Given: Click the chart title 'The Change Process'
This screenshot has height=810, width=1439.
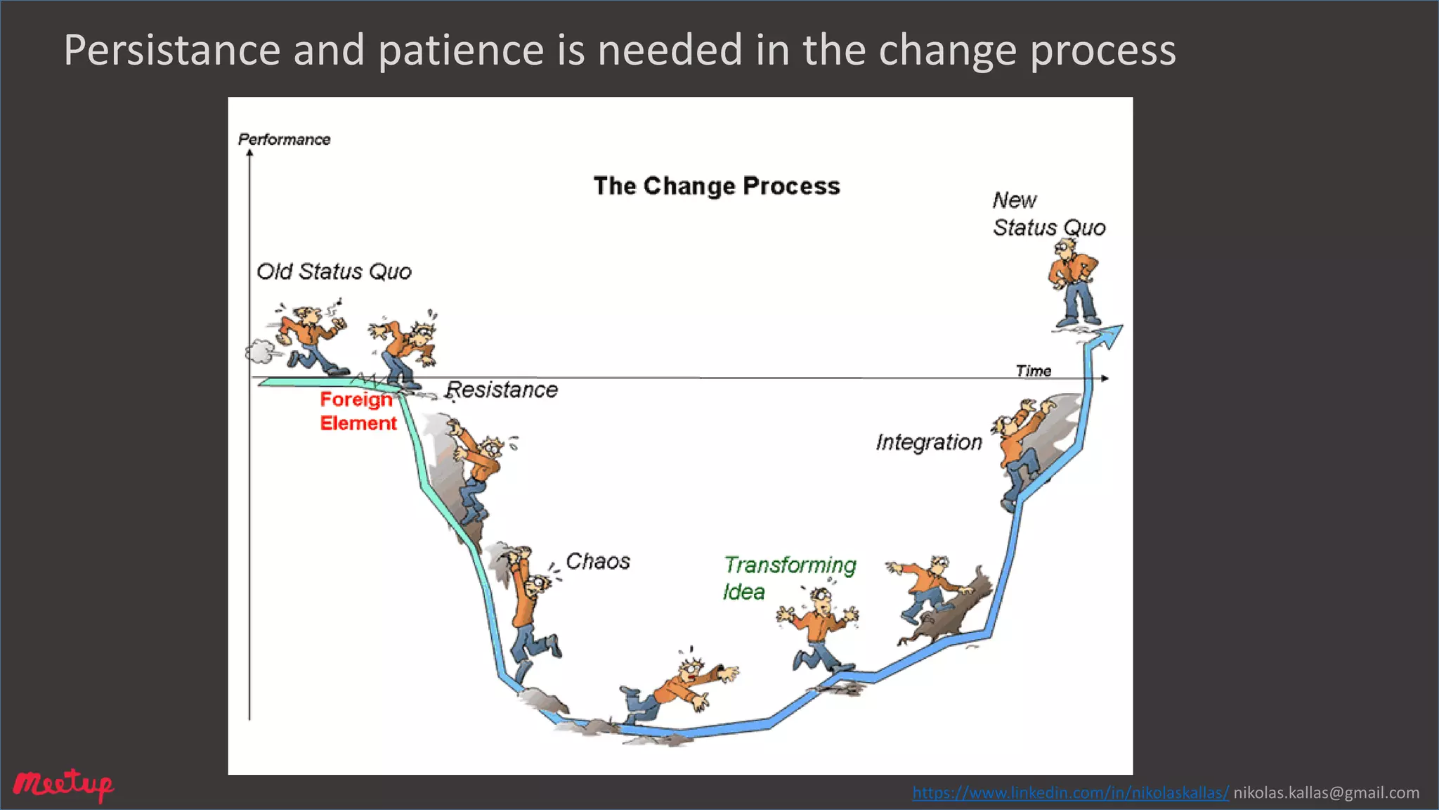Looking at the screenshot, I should [x=716, y=186].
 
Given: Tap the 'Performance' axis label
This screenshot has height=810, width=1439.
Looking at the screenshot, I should [x=284, y=139].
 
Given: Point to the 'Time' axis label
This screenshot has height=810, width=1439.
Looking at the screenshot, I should [x=1033, y=371].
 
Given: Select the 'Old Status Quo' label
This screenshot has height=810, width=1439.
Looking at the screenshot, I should [x=334, y=271].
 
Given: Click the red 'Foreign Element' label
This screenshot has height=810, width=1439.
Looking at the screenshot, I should [x=358, y=411].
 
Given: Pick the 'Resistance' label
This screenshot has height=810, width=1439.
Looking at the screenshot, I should [x=502, y=390].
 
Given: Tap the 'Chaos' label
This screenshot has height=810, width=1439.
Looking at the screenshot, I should [x=598, y=561].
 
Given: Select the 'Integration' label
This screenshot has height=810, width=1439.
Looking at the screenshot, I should [x=928, y=442].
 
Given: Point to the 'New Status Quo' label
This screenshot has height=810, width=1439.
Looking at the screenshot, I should [x=1048, y=214].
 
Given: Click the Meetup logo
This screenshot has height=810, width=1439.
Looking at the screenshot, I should [x=63, y=785].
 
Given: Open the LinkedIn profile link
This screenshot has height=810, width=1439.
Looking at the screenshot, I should [x=1070, y=793].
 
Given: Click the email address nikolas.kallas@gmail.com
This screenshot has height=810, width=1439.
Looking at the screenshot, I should [x=1326, y=793].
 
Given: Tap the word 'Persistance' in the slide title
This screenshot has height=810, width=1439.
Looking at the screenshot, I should [x=171, y=50].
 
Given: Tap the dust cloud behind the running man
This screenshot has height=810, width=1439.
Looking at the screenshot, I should [x=261, y=351].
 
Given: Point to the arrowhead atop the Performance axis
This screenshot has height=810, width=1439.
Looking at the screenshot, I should [x=249, y=153].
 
